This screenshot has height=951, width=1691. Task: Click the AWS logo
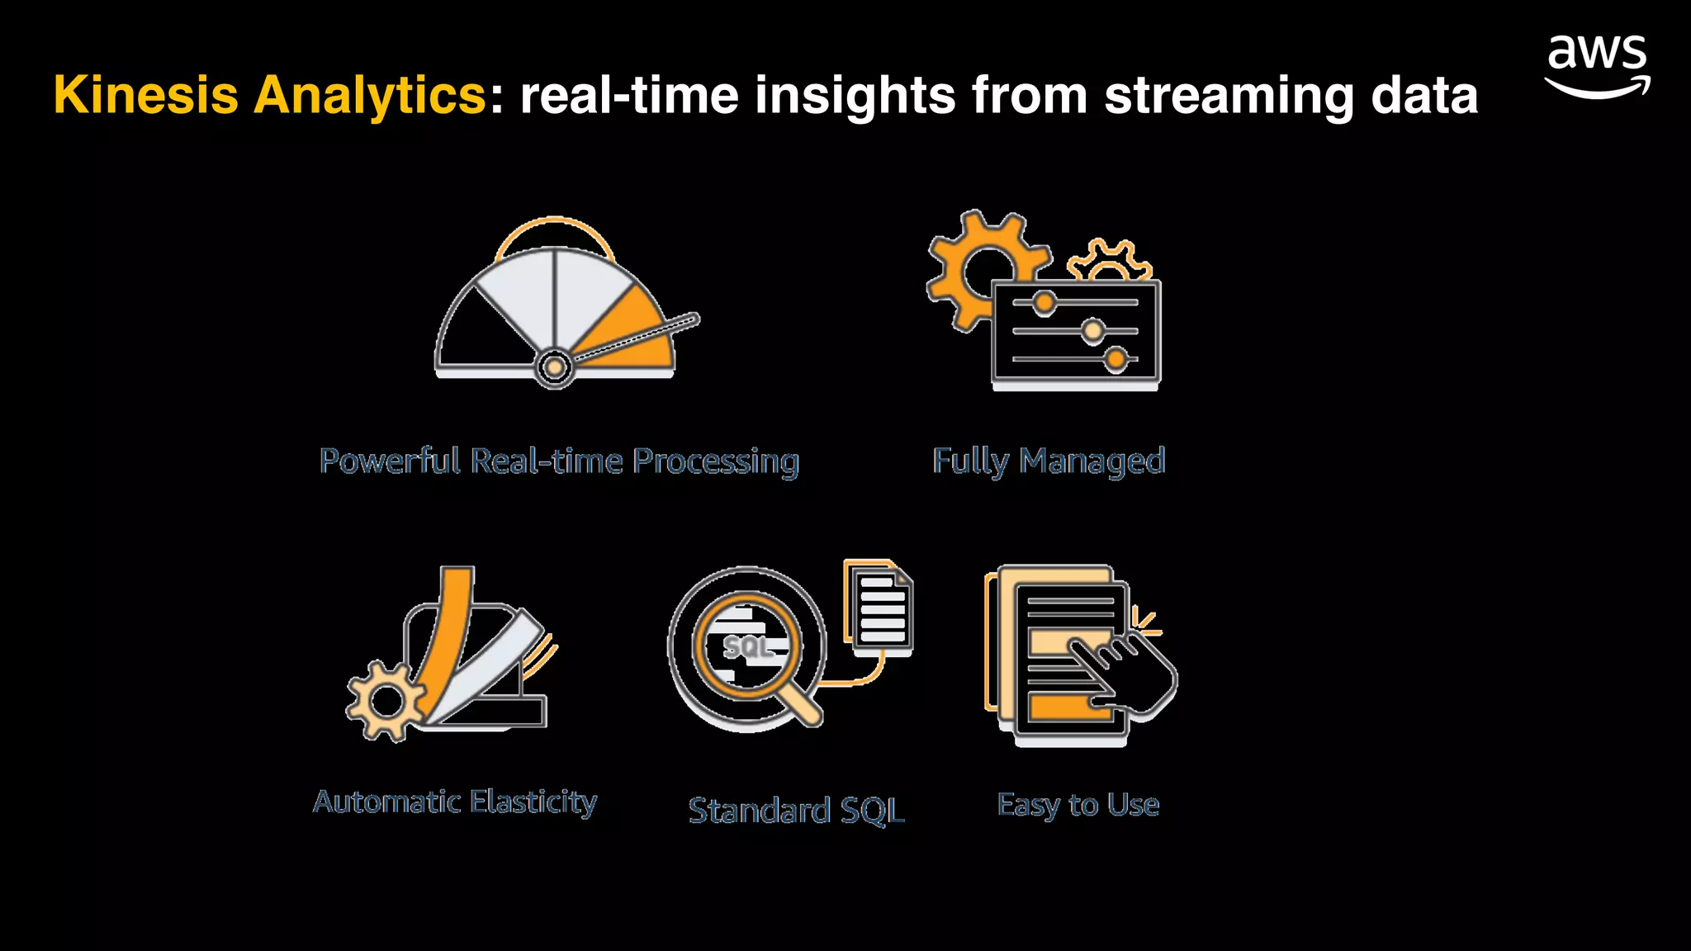(1597, 66)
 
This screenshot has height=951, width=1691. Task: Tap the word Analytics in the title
(370, 95)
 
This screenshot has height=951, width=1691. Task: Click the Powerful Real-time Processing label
(559, 461)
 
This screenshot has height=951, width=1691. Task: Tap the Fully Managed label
(1049, 461)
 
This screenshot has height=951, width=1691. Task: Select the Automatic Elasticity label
(455, 802)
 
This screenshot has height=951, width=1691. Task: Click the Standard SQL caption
(796, 811)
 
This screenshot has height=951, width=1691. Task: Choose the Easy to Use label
(1078, 804)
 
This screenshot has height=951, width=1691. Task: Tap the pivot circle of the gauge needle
(555, 366)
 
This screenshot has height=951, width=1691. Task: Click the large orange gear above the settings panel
(974, 268)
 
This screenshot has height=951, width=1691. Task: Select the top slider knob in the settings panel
(1044, 302)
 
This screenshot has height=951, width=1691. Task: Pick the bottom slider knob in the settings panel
(1116, 359)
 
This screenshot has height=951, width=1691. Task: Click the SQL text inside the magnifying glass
(746, 647)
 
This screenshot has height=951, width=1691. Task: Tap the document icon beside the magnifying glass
(880, 609)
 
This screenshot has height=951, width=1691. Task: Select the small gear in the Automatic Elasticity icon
(386, 702)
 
